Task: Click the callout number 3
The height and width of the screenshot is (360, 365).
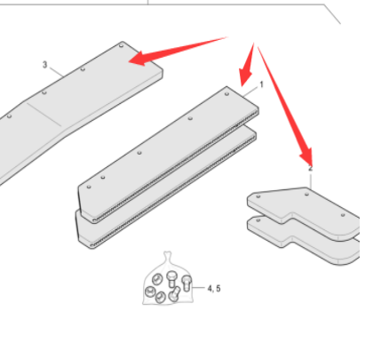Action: [44, 65]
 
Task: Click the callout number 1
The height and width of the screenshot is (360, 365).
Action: [261, 84]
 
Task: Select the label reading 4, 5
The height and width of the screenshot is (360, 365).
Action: [214, 288]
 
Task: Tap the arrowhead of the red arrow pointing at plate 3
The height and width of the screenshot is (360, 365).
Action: [137, 59]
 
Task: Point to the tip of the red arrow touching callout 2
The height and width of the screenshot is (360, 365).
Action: [310, 166]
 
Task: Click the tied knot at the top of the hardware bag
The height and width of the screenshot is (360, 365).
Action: [168, 254]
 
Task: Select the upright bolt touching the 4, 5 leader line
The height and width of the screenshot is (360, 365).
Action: [186, 283]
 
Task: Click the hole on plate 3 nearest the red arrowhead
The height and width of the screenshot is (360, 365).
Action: [121, 46]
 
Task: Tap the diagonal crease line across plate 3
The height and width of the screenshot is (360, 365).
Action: [44, 115]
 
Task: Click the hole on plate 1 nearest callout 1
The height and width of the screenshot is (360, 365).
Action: [226, 94]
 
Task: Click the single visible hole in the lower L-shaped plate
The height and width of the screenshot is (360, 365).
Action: [258, 220]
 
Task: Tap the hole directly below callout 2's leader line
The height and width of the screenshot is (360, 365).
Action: [306, 195]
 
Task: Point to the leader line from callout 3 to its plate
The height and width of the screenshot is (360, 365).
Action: [57, 72]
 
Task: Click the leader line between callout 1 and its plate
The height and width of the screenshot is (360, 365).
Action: [250, 92]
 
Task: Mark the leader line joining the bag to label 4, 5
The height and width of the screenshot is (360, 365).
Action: [198, 288]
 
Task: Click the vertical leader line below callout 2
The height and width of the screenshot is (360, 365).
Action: [311, 181]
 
